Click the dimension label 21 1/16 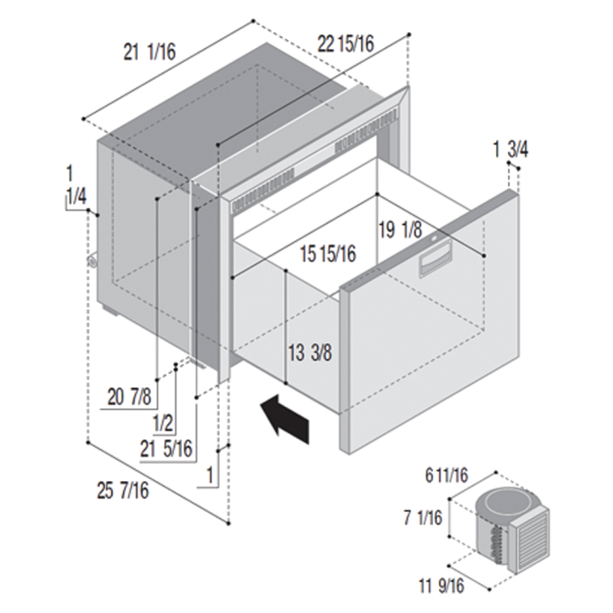point(150,52)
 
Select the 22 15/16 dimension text point(346,44)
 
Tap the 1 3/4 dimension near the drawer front point(510,150)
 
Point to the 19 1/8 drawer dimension point(400,230)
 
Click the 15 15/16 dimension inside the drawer point(328,254)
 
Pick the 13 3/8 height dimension point(310,352)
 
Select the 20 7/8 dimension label point(129,397)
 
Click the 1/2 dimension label point(163,424)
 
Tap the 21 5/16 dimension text point(166,449)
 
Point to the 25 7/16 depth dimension point(123,490)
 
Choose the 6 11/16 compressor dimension point(447,476)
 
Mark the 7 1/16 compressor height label point(423,518)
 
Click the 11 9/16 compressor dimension point(441,585)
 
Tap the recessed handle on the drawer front point(436,256)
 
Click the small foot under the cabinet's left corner point(110,311)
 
